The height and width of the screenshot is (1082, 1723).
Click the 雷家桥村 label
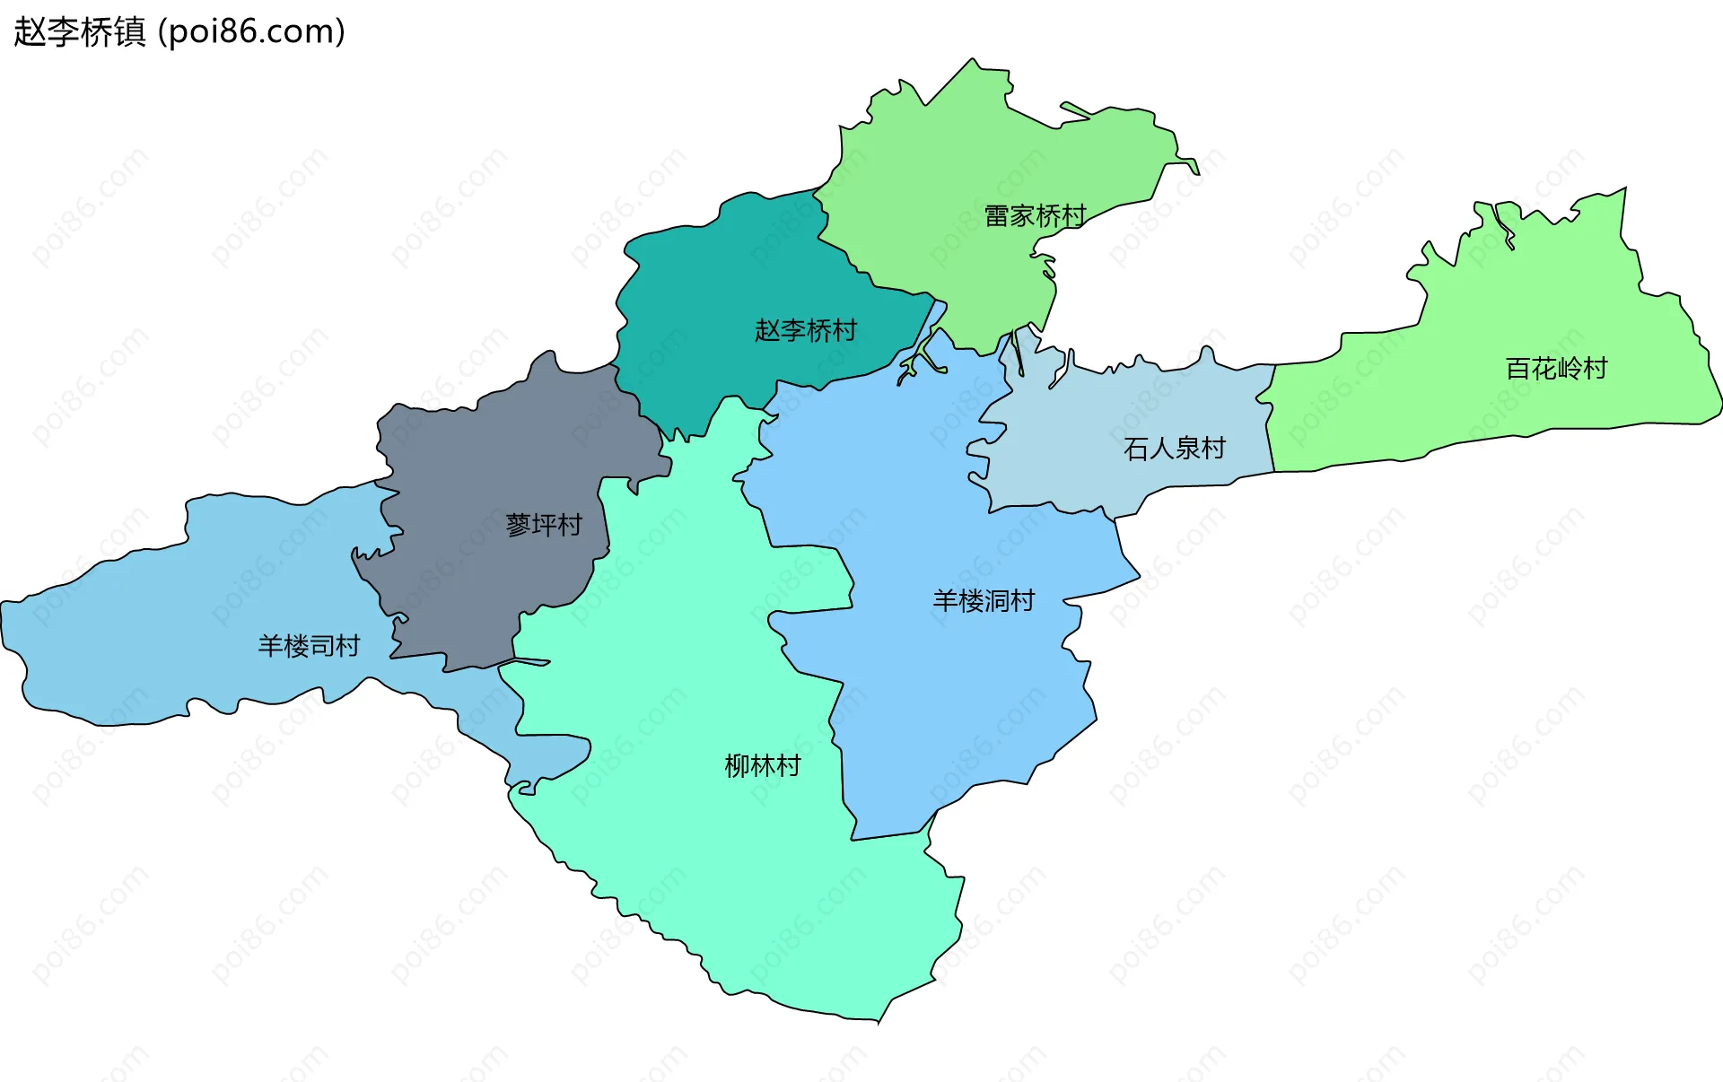[1035, 216]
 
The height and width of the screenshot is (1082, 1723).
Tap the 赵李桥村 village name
[805, 331]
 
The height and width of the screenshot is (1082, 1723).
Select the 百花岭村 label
[1556, 369]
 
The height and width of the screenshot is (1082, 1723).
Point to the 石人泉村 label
[1174, 449]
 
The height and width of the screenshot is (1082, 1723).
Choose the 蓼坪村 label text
[544, 525]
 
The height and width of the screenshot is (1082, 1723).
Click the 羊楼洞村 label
[984, 601]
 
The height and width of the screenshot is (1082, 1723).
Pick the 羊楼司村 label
[309, 646]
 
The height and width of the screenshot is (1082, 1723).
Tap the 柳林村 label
[762, 766]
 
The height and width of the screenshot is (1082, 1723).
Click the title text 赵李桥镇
[79, 32]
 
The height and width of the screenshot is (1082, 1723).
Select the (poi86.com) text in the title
[251, 32]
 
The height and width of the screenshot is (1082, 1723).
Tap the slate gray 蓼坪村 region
[485, 449]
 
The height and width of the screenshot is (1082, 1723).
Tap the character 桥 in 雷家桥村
[1048, 216]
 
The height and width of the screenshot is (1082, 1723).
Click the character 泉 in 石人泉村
[1186, 449]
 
